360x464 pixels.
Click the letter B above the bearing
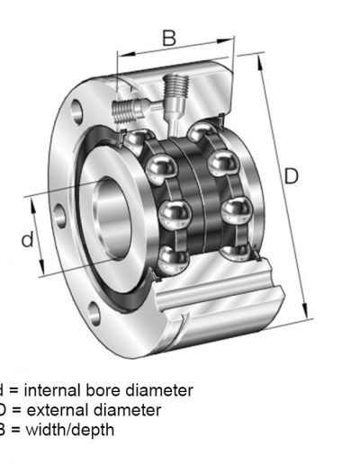coord(168,38)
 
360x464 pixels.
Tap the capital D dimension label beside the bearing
coord(291,176)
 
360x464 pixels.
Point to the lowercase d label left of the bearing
coord(27,239)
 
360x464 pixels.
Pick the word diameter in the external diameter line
coord(130,410)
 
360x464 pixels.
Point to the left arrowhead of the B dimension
coord(120,56)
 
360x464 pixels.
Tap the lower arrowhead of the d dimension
coord(42,272)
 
